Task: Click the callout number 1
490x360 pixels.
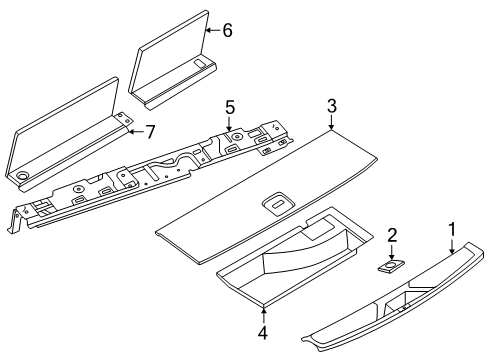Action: [451, 230]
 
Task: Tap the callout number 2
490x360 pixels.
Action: [392, 235]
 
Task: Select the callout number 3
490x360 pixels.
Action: [331, 106]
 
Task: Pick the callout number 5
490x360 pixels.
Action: [229, 105]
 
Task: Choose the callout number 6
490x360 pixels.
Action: [227, 31]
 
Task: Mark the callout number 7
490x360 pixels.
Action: [152, 131]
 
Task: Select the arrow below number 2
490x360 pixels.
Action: [392, 252]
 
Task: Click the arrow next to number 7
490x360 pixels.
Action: [136, 131]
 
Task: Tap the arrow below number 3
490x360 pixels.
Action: [331, 124]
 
